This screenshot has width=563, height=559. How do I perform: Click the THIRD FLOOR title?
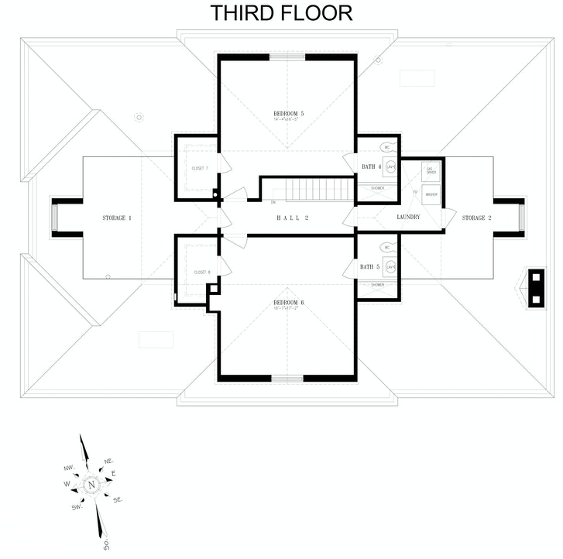pos(281,13)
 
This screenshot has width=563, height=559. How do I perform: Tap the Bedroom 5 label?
pos(288,115)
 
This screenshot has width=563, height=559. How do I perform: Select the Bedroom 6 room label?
pos(288,302)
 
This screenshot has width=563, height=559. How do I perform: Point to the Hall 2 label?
pos(293,218)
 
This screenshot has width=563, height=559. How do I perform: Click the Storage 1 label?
pos(117,218)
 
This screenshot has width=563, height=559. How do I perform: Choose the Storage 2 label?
pos(476,218)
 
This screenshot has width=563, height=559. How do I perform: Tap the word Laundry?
pos(408,218)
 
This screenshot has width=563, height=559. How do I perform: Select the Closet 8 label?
pos(203,273)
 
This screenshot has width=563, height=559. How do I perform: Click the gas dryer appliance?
pos(431,170)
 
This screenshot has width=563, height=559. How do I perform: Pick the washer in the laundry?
pos(431,195)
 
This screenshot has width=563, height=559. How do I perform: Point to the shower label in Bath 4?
pos(377,188)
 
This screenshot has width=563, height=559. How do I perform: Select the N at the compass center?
pos(91,485)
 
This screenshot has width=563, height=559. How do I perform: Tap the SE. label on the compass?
pos(118,500)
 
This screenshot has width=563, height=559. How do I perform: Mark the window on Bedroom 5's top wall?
pos(287,57)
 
